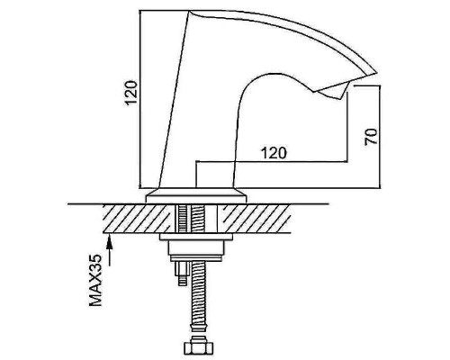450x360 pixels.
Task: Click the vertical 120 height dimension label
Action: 131,93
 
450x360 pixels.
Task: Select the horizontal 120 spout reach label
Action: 274,153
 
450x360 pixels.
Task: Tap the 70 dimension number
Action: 371,137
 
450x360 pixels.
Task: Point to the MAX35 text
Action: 95,280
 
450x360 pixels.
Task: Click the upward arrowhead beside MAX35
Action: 110,241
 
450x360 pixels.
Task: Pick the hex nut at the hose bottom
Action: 198,349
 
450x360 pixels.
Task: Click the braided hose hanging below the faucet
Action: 198,297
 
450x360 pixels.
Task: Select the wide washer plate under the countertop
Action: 196,237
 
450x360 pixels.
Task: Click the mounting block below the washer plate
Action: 196,247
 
